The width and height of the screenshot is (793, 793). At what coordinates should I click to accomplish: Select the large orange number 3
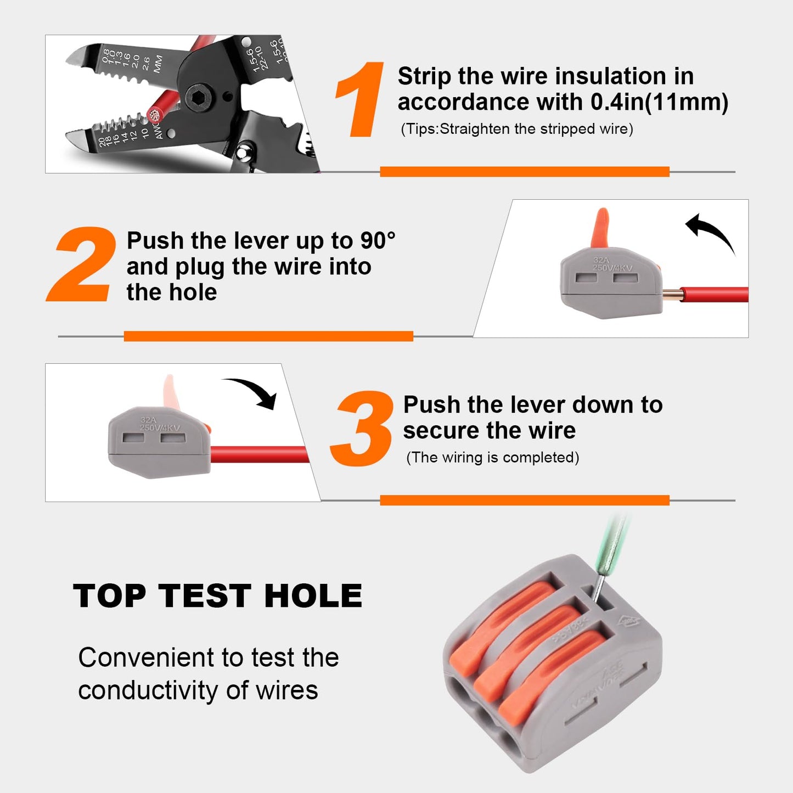point(363,429)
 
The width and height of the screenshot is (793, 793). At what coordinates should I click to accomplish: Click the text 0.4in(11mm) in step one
point(659,102)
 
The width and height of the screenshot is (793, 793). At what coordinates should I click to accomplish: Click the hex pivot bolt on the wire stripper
point(196,99)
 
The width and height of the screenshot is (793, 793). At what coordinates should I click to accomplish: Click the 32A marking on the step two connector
point(601,260)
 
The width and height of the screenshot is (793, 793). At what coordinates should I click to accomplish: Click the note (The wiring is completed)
point(492,458)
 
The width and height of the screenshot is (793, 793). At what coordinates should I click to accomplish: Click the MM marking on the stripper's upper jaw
point(159,64)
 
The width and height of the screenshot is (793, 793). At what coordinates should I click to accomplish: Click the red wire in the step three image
point(258,454)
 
